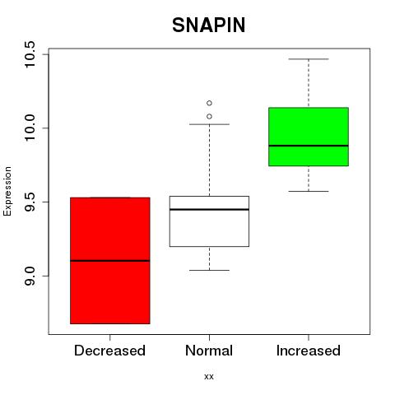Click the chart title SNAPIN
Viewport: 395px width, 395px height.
tap(209, 25)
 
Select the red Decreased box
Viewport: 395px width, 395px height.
tap(110, 261)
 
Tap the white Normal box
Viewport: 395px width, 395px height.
tap(209, 221)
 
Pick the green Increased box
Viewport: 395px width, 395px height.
tap(309, 137)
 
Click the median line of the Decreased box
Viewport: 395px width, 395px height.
tap(110, 261)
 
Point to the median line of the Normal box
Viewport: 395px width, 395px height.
tap(209, 210)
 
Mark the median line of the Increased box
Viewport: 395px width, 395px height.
tap(309, 146)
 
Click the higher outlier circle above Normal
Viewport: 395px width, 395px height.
tap(209, 103)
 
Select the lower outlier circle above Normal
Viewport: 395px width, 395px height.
tap(209, 117)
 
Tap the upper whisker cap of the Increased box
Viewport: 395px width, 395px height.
tap(309, 59)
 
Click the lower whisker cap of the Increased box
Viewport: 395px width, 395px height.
tap(309, 191)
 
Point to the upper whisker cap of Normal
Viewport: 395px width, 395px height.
tap(209, 124)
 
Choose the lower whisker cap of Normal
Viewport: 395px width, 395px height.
tap(209, 270)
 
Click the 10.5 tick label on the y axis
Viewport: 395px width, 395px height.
tap(29, 54)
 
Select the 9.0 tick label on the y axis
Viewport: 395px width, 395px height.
tap(29, 276)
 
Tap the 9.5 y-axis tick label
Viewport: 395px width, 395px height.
tap(29, 202)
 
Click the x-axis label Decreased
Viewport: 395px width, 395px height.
tap(109, 351)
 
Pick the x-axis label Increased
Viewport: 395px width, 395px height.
tap(309, 351)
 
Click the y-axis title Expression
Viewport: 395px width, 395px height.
tap(7, 191)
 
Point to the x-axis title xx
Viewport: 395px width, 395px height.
tap(209, 377)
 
